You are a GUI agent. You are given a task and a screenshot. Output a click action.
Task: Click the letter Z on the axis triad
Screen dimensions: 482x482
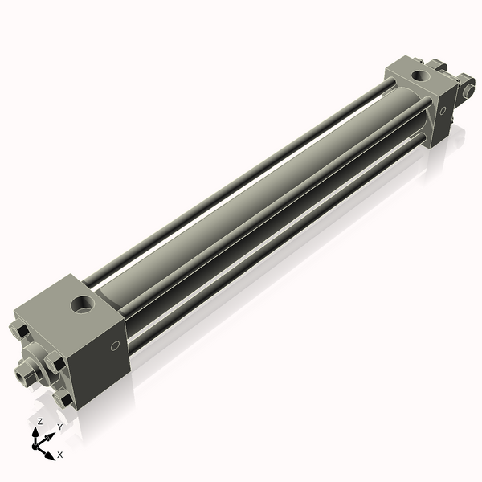click(x=39, y=422)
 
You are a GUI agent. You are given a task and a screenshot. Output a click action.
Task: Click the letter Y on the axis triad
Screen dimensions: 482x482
click(x=60, y=427)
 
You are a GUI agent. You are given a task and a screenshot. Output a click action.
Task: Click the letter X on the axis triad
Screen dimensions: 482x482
click(x=60, y=455)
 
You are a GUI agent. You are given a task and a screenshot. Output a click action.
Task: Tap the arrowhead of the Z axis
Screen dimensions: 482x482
click(x=35, y=432)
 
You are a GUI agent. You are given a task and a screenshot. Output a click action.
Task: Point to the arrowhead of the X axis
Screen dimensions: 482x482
click(x=51, y=455)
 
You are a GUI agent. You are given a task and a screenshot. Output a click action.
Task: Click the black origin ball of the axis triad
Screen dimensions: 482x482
click(x=35, y=447)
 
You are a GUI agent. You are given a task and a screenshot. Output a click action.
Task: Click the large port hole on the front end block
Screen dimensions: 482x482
click(x=83, y=304)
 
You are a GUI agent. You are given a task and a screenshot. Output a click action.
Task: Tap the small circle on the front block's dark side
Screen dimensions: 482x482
click(x=115, y=346)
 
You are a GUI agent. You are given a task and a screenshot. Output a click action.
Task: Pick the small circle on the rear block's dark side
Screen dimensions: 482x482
click(x=443, y=111)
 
